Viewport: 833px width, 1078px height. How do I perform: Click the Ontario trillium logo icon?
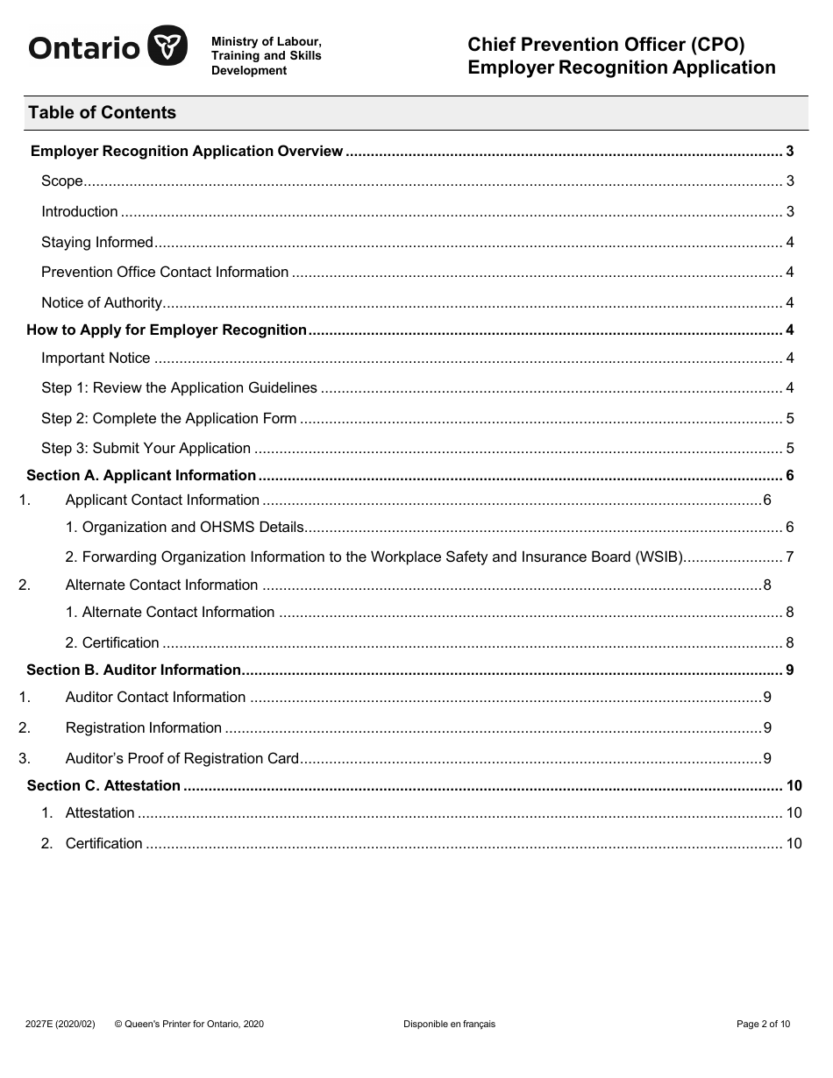click(166, 46)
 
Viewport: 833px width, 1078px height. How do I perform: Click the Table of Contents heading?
click(102, 112)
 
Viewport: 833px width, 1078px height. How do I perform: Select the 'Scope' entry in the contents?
click(62, 181)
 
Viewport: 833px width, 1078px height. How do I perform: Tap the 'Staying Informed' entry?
click(97, 242)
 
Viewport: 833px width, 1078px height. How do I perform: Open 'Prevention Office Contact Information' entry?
click(165, 272)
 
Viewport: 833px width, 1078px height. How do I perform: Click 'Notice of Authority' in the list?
click(102, 302)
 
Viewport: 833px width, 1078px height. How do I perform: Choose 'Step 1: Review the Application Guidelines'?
click(179, 387)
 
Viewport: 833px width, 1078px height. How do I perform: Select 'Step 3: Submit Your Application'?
click(146, 448)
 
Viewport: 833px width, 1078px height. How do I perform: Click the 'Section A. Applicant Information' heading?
click(141, 475)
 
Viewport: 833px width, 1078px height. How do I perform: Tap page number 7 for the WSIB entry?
click(789, 557)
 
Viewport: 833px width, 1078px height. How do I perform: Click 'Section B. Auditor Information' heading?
click(133, 670)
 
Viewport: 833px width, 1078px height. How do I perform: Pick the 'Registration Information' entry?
click(143, 727)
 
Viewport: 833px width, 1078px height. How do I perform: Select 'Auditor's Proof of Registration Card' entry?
click(182, 758)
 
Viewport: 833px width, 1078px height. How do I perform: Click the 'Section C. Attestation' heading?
click(103, 785)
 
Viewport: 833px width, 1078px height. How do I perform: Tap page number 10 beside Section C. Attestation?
click(794, 785)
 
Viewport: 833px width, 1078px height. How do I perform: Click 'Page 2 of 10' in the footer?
click(763, 1024)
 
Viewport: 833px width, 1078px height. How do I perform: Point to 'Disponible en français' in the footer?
click(449, 1024)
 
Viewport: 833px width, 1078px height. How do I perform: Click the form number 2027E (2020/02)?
click(61, 1024)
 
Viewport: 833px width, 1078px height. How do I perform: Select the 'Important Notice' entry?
click(96, 358)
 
